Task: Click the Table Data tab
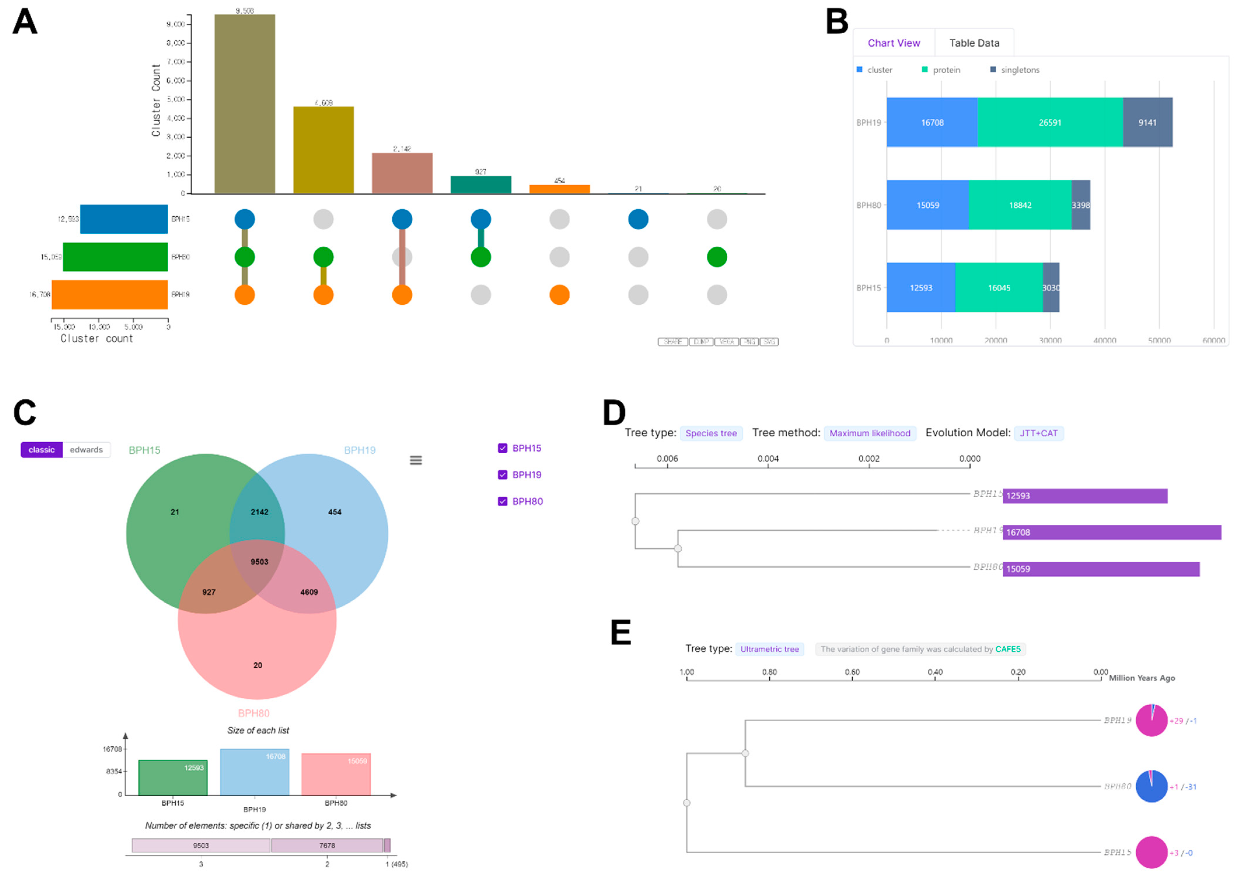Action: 974,43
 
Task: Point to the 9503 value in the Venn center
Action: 259,561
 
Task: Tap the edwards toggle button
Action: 86,450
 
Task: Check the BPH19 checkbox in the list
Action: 502,475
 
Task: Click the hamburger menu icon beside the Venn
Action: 416,460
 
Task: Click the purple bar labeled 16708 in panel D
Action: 1111,532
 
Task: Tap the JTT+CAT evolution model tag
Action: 1038,433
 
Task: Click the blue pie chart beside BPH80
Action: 1151,786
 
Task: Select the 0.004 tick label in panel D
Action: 768,459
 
